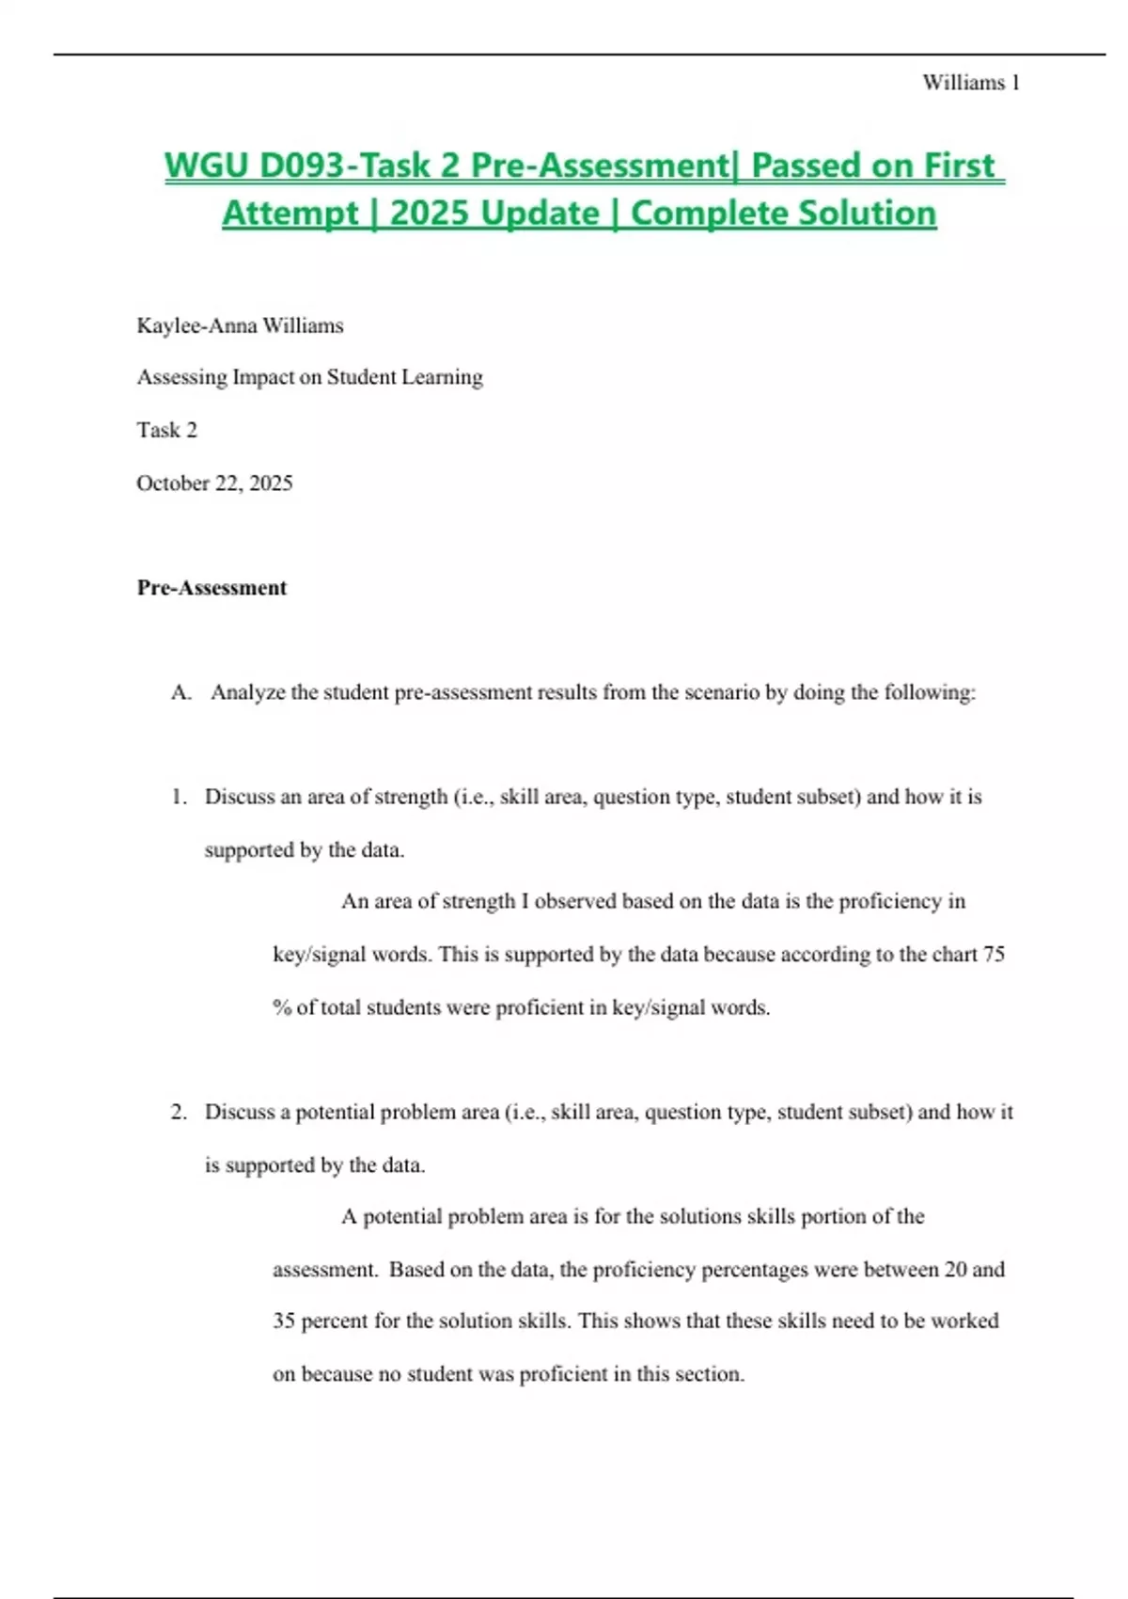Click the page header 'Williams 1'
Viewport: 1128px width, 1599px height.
point(971,83)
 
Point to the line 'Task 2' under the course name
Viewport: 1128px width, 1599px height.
point(167,430)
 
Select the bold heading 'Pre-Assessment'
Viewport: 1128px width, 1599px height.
point(211,588)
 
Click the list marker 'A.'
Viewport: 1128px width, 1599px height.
point(181,693)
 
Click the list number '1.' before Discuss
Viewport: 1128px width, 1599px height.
point(180,798)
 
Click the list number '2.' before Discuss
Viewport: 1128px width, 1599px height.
point(180,1113)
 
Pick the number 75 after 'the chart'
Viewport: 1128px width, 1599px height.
point(994,955)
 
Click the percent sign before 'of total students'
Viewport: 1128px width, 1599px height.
point(282,1007)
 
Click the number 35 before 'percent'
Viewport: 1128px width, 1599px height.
point(284,1322)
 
